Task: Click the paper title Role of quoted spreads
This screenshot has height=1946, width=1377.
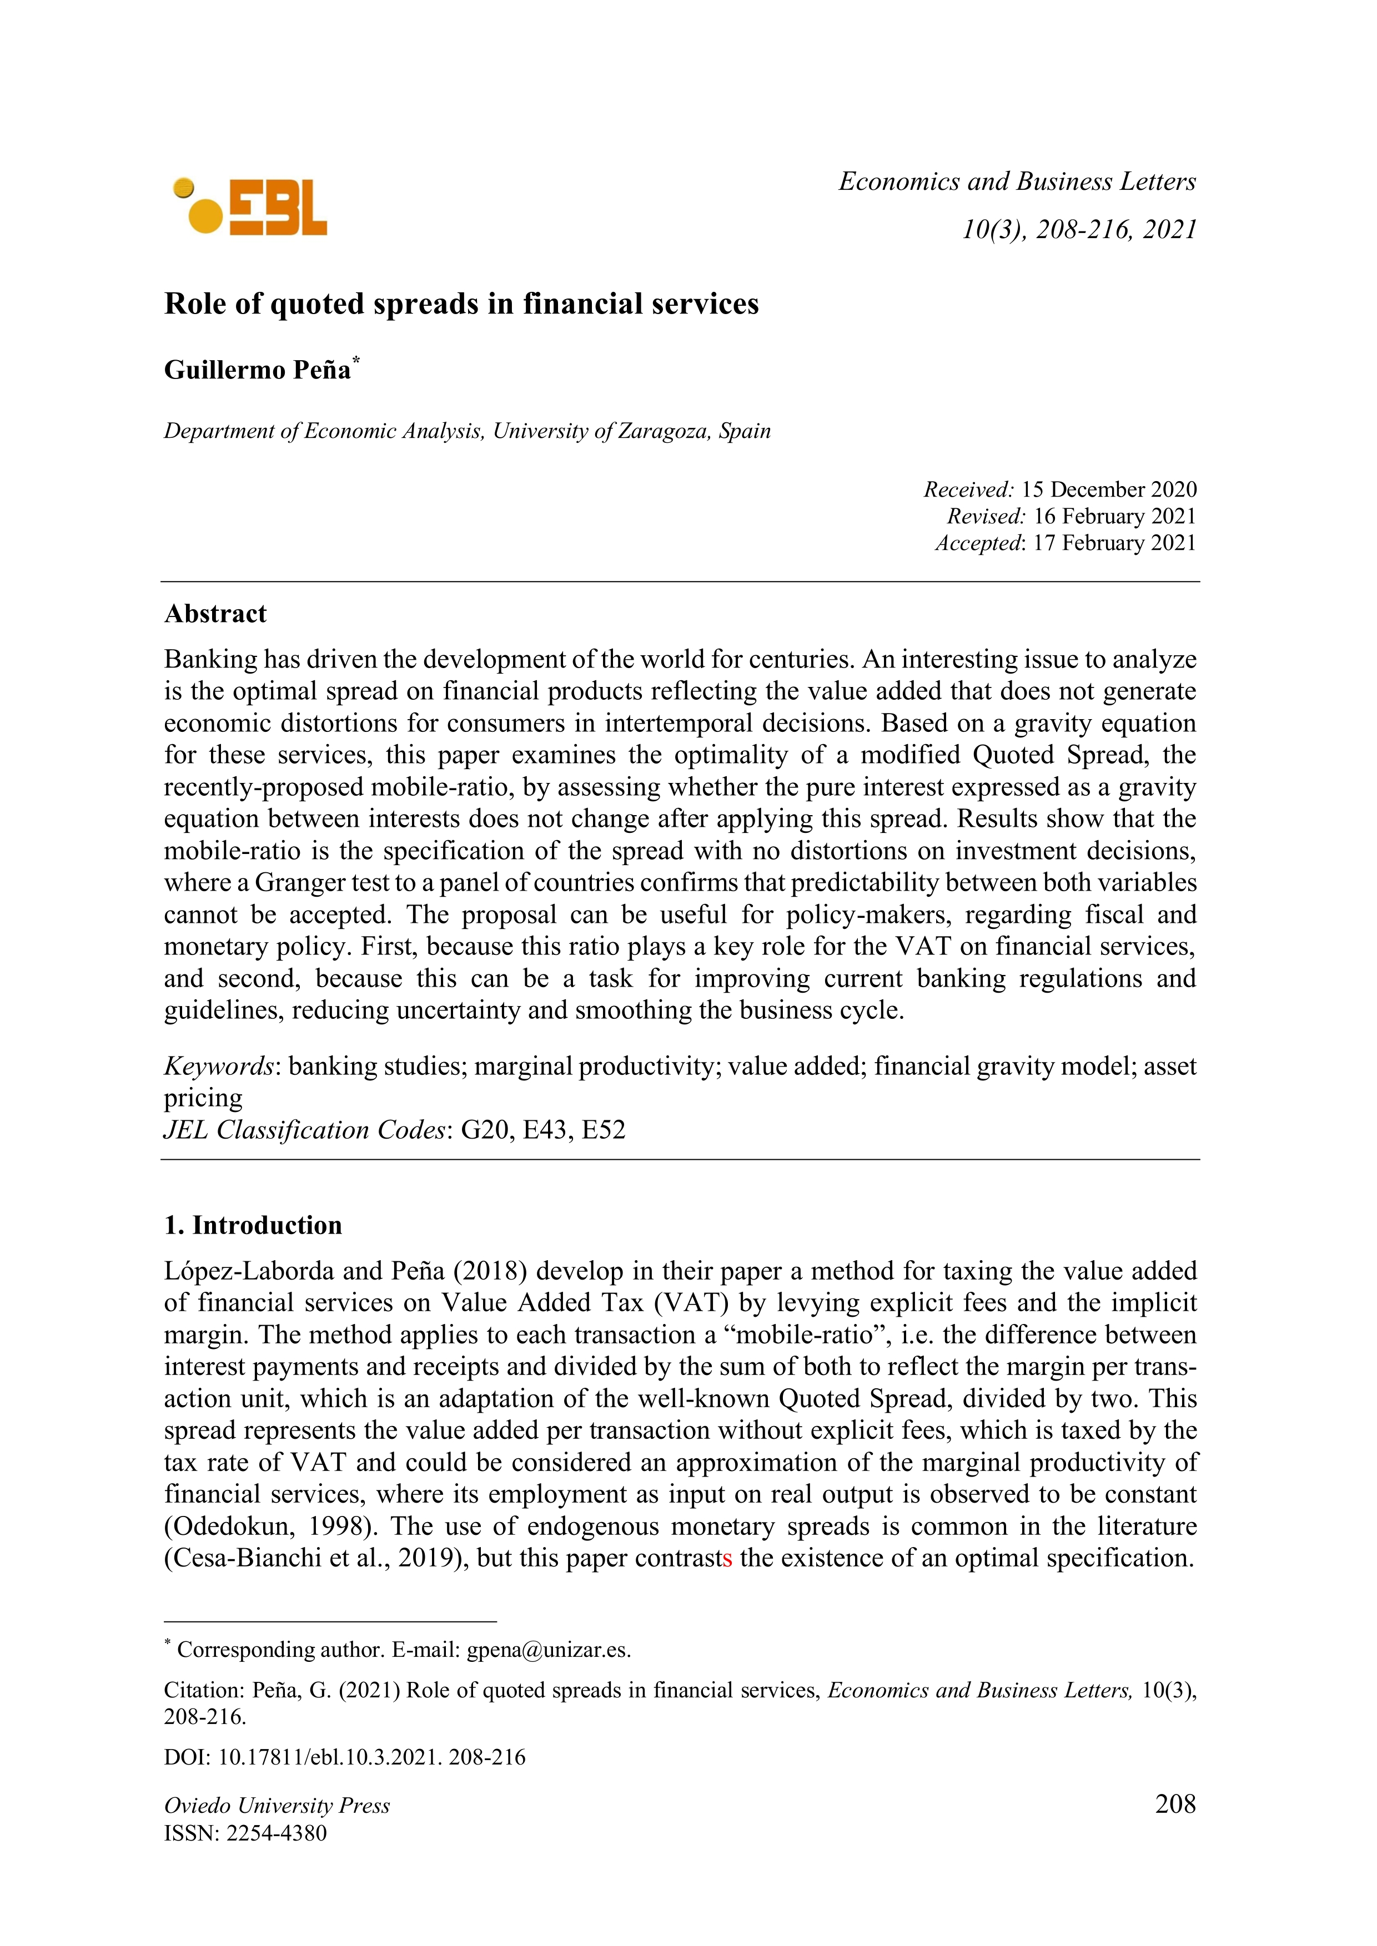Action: point(461,304)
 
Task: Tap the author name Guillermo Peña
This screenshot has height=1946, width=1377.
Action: point(257,370)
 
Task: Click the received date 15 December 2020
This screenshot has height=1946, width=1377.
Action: point(1108,490)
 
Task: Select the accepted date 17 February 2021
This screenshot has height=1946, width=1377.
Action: point(1113,543)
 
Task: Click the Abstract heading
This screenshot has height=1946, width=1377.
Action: point(215,614)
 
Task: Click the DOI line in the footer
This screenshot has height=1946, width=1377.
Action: point(344,1757)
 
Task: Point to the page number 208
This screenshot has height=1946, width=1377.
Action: point(1174,1803)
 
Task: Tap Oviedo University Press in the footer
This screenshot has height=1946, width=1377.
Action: point(277,1806)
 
